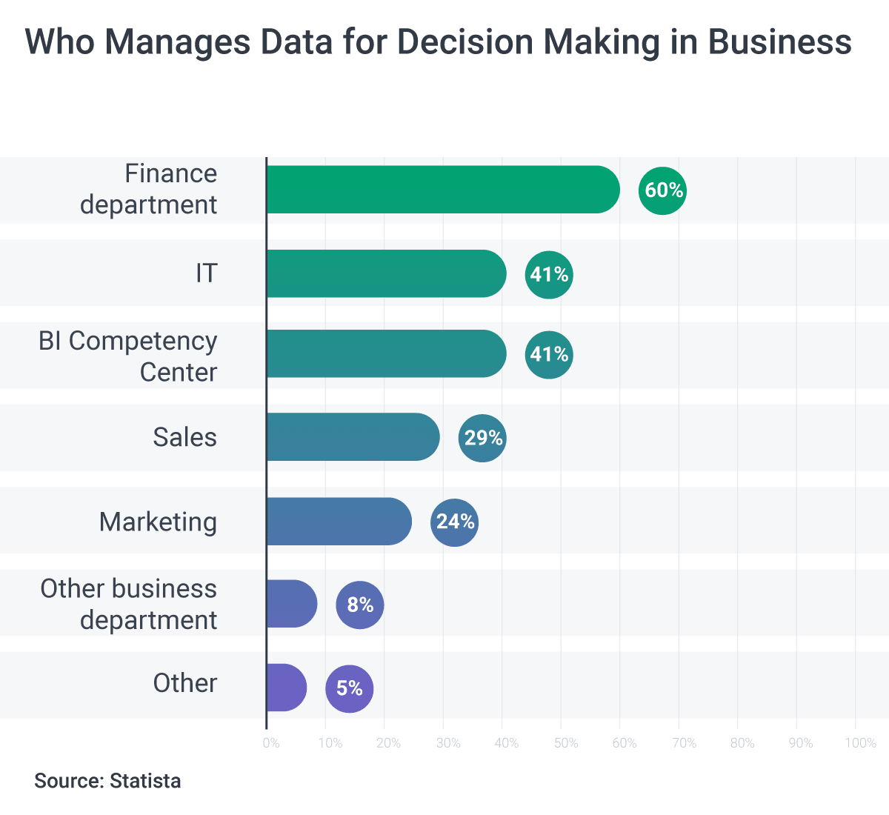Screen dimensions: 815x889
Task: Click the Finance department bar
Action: coord(443,190)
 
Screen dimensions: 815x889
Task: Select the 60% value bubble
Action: coord(663,190)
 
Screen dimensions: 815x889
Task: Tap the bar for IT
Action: coord(386,273)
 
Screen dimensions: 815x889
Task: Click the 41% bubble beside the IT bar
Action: coord(549,275)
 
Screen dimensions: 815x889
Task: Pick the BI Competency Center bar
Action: coord(386,353)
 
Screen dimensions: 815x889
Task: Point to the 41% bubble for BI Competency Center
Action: coord(549,354)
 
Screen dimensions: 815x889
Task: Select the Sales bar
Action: coord(353,437)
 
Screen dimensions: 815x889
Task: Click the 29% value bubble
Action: coord(482,438)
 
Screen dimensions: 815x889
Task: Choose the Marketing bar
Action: coord(339,522)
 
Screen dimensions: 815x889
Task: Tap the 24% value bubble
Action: coord(454,522)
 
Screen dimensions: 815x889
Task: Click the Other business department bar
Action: coord(292,604)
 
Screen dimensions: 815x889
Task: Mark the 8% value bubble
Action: coord(360,605)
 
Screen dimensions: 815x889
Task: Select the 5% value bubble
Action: coord(350,688)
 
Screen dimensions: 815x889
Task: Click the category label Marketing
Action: coord(158,522)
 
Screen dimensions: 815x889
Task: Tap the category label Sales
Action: coord(184,437)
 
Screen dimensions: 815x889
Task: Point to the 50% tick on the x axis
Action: coord(565,743)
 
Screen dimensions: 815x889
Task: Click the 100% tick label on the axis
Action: coord(860,743)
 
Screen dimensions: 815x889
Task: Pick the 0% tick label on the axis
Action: coord(271,743)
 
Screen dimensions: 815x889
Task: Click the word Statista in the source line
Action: coord(145,781)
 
